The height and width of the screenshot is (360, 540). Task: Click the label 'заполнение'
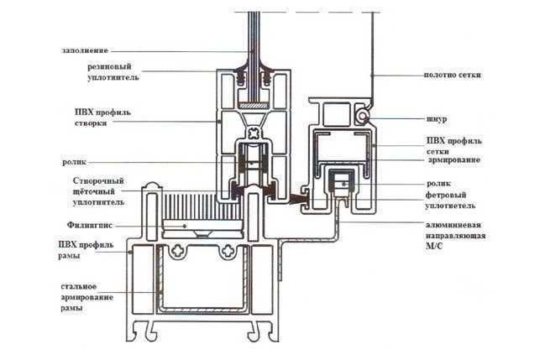click(x=85, y=50)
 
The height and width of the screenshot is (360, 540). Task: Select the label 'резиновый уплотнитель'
click(x=113, y=71)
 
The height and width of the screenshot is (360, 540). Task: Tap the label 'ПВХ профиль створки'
click(x=102, y=117)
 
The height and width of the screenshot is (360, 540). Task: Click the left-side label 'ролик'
click(x=74, y=162)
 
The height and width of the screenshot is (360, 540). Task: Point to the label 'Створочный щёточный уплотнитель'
click(x=98, y=191)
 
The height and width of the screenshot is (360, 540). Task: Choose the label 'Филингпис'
click(x=90, y=226)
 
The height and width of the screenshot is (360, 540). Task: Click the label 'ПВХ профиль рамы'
click(x=86, y=250)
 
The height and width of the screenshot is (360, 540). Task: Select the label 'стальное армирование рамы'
click(x=87, y=297)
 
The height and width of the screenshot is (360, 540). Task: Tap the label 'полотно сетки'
click(x=452, y=75)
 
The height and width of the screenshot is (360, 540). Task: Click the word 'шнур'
click(x=437, y=119)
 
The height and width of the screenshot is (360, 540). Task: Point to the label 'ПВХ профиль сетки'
click(x=453, y=146)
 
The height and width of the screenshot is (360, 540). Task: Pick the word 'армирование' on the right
click(x=453, y=159)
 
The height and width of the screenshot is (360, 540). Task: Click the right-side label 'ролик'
click(x=438, y=184)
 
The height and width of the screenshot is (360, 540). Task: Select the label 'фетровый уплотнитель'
click(x=450, y=201)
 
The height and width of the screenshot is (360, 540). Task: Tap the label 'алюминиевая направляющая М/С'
click(x=455, y=236)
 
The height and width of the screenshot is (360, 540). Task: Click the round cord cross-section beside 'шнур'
click(x=363, y=117)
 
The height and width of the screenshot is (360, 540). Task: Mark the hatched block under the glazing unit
click(x=253, y=105)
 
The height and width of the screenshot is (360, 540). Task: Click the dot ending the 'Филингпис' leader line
click(x=185, y=226)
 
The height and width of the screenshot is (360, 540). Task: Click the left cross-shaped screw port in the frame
click(x=177, y=251)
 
